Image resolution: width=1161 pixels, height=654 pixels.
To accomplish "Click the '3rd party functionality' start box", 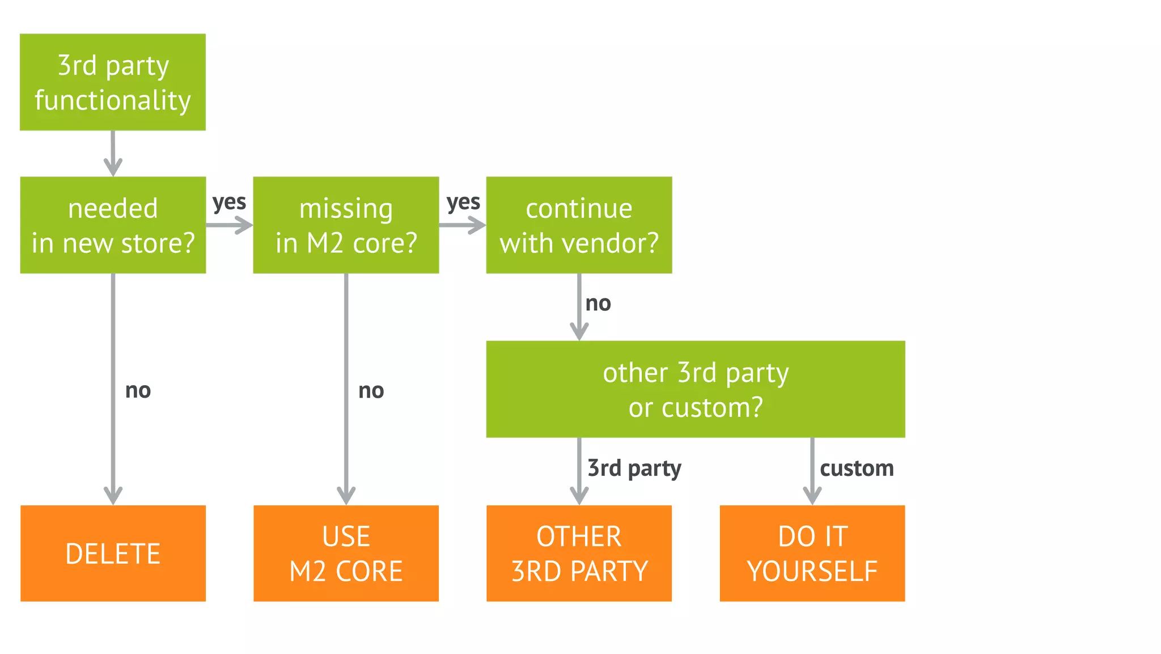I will coord(113,82).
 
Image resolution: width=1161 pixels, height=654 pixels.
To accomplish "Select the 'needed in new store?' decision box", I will coord(113,225).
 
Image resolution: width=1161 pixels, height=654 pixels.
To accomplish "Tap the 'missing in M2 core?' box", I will coord(346,225).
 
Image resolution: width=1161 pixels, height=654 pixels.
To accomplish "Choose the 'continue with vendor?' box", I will coord(579,225).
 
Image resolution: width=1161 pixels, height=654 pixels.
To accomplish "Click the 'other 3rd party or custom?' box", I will coord(696,389).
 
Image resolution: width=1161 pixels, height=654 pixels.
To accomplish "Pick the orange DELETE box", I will coord(113,553).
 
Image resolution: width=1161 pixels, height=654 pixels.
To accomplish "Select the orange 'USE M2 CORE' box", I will coord(346,553).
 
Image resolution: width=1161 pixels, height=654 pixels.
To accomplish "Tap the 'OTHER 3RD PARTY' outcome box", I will coord(579,553).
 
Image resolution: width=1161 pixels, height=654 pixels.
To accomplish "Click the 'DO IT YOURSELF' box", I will coord(812,553).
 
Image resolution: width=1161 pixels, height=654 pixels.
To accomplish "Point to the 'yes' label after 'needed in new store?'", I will coord(229,202).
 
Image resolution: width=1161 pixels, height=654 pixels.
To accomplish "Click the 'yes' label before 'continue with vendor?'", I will coord(463,202).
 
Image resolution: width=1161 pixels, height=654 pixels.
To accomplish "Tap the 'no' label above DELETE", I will coord(138,390).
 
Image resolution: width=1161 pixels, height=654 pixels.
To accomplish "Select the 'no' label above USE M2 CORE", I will coord(371,390).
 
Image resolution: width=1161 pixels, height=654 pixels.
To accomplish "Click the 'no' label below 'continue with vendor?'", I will coord(598,303).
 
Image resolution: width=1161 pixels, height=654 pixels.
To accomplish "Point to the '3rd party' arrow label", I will coord(634,469).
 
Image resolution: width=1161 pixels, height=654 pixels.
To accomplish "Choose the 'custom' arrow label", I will coord(857,469).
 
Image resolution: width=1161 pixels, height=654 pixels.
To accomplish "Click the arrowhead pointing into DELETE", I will coord(113,496).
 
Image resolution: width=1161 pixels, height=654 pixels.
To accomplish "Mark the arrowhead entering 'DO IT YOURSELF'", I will coord(812,496).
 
